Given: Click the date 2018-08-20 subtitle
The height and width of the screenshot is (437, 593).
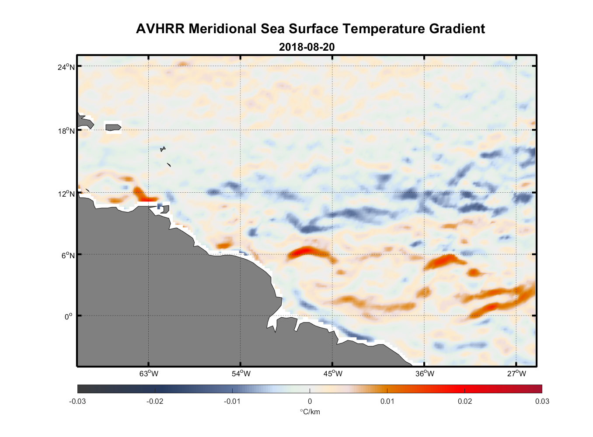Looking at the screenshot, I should (307, 47).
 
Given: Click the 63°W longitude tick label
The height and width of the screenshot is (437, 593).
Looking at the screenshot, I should (149, 374).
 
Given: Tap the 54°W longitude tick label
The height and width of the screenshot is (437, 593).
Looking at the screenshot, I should (241, 374).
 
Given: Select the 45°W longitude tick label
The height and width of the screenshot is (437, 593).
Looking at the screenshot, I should (333, 374).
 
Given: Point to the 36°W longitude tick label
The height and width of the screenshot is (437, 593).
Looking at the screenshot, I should (425, 374).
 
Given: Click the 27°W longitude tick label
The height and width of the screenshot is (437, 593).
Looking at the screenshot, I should (516, 374).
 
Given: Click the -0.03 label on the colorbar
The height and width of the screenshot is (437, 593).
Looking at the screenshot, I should (77, 401).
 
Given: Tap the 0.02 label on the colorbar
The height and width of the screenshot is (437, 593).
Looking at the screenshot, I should (464, 401).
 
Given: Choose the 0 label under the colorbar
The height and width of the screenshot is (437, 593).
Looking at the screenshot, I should (310, 401).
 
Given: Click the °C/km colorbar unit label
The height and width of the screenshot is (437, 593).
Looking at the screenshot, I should (310, 412).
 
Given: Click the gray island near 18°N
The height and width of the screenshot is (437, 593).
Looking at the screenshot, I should (113, 127).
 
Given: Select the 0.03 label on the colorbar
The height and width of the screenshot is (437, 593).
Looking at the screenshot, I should (542, 401).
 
